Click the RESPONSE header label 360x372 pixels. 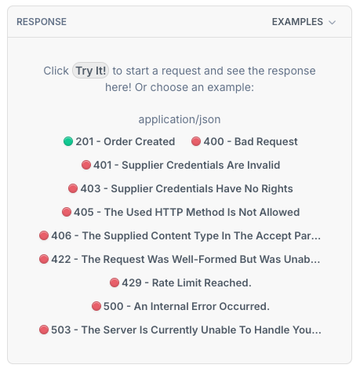tap(42, 22)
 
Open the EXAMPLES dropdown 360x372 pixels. tap(304, 22)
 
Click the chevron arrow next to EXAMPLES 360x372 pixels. tap(332, 23)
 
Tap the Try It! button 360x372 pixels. tap(90, 71)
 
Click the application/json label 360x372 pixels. tap(180, 119)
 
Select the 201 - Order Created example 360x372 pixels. tap(119, 141)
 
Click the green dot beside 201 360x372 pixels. tap(68, 141)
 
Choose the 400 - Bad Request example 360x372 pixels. tap(245, 141)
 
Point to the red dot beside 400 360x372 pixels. tap(196, 141)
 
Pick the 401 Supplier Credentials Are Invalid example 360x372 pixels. tap(180, 165)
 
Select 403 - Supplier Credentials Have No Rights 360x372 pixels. tap(180, 188)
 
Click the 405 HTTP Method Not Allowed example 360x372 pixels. tap(180, 212)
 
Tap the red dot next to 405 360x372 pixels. tap(67, 212)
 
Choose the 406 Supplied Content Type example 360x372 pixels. tap(180, 235)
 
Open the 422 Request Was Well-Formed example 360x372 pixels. tap(180, 259)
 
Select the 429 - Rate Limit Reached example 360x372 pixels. tap(180, 283)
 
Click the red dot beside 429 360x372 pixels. tap(115, 283)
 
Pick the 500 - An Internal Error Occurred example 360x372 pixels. tap(180, 306)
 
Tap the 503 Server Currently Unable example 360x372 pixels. tap(180, 330)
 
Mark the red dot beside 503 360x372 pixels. tap(44, 330)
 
